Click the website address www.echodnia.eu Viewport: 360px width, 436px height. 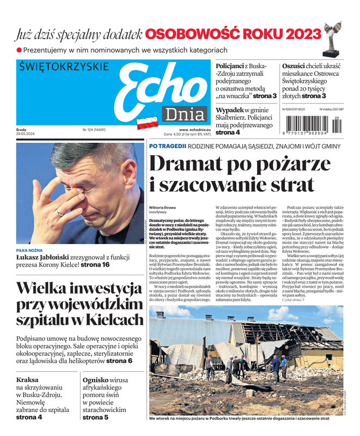tap(194, 130)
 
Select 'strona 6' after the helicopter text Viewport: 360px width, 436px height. tap(119, 361)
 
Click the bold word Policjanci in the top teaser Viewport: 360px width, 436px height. tap(229, 65)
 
